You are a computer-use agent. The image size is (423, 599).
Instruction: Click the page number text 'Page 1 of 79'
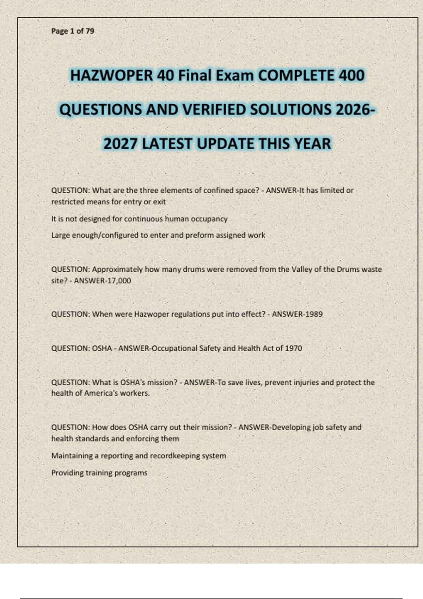click(73, 31)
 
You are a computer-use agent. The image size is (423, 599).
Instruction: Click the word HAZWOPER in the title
click(111, 76)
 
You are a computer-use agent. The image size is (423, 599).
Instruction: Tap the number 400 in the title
click(351, 76)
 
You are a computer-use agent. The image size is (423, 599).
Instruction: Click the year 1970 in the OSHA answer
click(293, 348)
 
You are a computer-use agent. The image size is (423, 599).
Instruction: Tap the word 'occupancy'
click(209, 219)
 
